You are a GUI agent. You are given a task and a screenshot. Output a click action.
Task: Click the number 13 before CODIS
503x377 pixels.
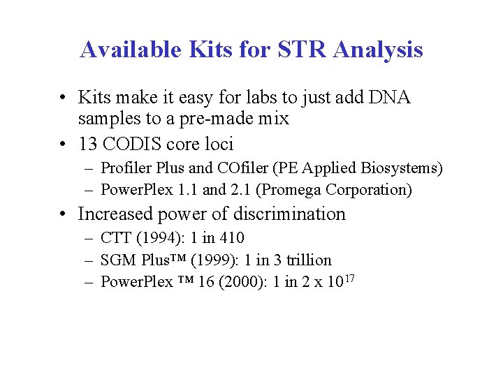89,144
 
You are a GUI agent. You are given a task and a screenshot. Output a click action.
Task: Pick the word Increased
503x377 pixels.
115,214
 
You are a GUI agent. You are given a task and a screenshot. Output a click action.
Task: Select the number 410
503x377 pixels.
231,239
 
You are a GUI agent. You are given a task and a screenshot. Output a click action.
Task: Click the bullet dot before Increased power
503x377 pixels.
63,214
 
